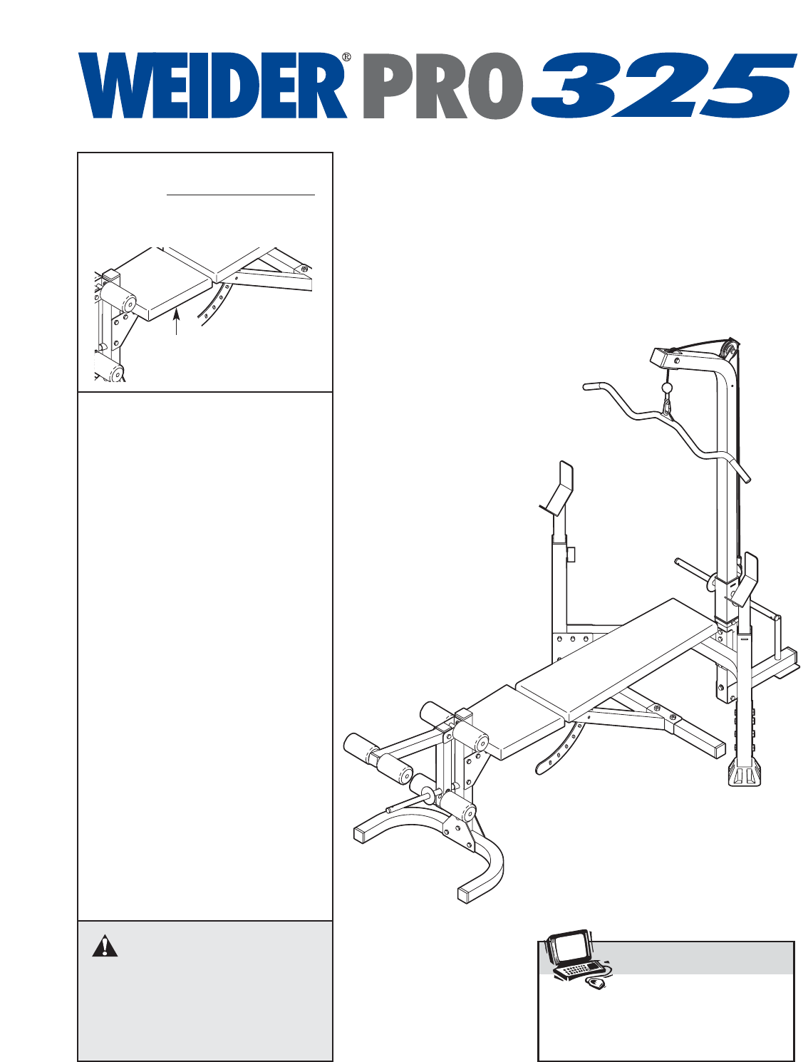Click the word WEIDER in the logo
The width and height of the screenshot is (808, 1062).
coord(212,86)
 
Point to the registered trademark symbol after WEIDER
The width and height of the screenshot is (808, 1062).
coord(346,57)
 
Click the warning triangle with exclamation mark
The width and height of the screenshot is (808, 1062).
coord(105,946)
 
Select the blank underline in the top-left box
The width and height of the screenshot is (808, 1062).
coord(241,193)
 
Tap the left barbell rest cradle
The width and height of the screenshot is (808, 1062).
coord(559,488)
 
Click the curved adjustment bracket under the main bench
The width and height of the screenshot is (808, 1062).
coord(559,748)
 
